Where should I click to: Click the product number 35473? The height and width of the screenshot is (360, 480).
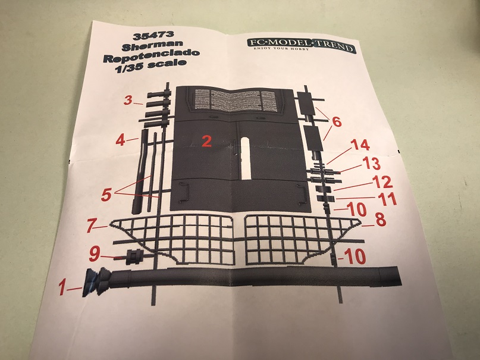click(x=153, y=36)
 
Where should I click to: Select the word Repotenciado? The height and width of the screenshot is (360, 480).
click(x=151, y=57)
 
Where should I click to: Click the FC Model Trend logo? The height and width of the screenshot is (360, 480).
click(x=301, y=45)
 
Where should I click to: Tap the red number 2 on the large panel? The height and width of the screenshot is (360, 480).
click(x=206, y=142)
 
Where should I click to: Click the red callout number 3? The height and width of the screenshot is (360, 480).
click(x=128, y=100)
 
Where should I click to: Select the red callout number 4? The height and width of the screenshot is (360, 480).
click(x=121, y=140)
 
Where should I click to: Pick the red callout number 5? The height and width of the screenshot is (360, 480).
click(x=106, y=195)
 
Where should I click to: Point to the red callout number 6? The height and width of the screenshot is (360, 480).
click(x=336, y=122)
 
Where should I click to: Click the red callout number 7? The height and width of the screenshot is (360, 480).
click(x=91, y=226)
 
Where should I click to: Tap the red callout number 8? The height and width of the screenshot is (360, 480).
click(x=381, y=220)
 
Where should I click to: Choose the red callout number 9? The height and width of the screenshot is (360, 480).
click(x=94, y=254)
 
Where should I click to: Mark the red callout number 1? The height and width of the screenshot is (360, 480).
click(x=62, y=288)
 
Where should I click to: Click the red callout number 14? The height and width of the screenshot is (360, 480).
click(x=360, y=145)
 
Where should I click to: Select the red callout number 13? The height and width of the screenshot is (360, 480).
click(x=371, y=163)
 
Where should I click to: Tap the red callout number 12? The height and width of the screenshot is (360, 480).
click(x=383, y=181)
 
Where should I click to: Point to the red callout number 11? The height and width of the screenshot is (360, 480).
click(x=387, y=199)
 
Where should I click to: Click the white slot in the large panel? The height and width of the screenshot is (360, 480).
click(x=246, y=158)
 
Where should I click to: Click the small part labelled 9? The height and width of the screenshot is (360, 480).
click(x=134, y=256)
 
